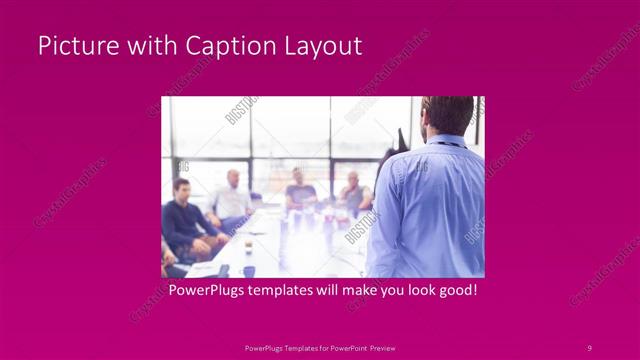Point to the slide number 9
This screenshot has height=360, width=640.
pos(589,347)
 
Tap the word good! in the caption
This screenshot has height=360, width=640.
pos(454,290)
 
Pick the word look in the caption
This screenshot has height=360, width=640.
pos(412,290)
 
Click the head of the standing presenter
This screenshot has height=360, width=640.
pos(446,112)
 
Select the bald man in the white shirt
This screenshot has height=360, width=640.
pos(232,197)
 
